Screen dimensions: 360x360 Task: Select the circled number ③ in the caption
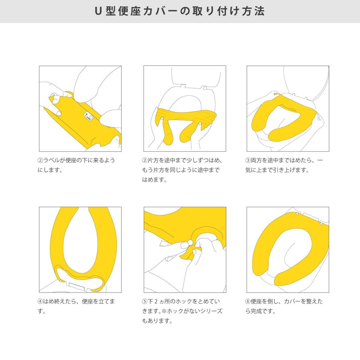[x=248, y=160]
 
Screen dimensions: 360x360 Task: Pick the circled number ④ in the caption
[x=40, y=301]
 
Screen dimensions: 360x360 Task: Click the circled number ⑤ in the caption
[x=145, y=301]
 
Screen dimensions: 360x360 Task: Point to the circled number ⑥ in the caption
[x=248, y=301]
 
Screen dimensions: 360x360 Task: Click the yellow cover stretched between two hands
[x=186, y=115]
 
